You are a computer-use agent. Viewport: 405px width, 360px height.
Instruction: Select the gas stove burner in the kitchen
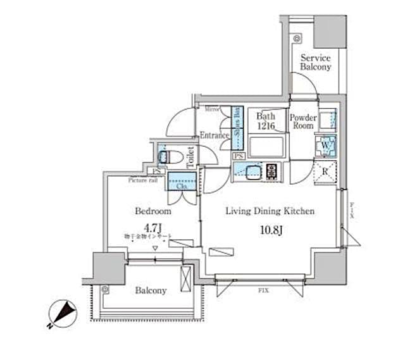pyautogui.click(x=273, y=170)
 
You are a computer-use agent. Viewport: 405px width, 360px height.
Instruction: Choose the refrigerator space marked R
pyautogui.click(x=325, y=170)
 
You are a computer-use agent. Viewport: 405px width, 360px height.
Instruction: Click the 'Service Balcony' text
pyautogui.click(x=315, y=62)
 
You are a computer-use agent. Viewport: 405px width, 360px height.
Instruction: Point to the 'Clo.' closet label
pyautogui.click(x=181, y=187)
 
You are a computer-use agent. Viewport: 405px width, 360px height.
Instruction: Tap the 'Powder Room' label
pyautogui.click(x=302, y=121)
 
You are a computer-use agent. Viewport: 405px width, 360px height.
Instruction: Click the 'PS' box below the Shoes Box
pyautogui.click(x=239, y=156)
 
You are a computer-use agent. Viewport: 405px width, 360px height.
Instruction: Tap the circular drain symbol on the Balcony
pyautogui.click(x=105, y=290)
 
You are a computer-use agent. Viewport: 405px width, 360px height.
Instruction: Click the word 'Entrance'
pyautogui.click(x=214, y=134)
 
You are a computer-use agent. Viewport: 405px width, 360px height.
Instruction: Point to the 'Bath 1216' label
pyautogui.click(x=266, y=121)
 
